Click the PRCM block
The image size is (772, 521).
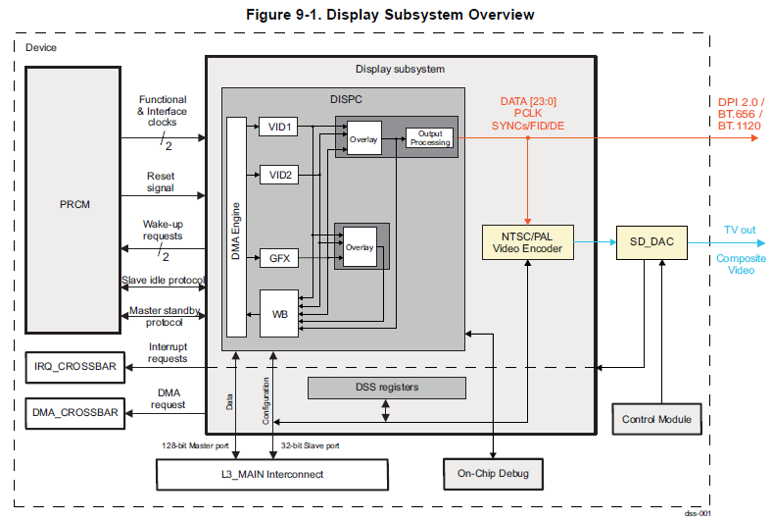(x=73, y=205)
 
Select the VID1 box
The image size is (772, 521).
(x=278, y=128)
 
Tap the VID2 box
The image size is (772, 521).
(x=278, y=174)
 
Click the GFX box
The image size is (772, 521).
(x=278, y=259)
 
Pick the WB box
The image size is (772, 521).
(x=278, y=314)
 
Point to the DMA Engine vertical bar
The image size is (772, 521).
(x=236, y=227)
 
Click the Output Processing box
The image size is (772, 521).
(x=430, y=138)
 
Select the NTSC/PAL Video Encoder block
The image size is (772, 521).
(x=528, y=242)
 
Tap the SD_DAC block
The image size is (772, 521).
(x=651, y=241)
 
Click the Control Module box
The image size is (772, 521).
(x=656, y=419)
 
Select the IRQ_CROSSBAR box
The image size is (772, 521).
(x=73, y=368)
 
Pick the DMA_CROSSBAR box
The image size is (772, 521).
(x=73, y=413)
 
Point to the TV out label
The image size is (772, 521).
(x=740, y=230)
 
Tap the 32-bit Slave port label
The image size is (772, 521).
(x=312, y=444)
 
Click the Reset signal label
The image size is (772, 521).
(x=162, y=182)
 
